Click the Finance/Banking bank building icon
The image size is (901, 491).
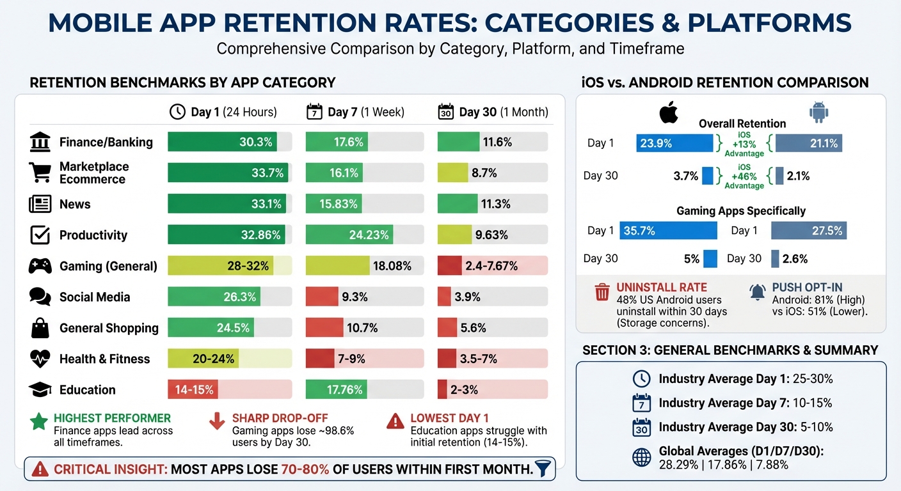click(40, 142)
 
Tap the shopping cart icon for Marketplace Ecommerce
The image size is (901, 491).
click(40, 173)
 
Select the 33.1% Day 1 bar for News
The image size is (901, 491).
click(227, 204)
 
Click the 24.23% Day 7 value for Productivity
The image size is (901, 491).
click(369, 235)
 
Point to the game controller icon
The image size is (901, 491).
click(40, 266)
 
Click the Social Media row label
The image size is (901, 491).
click(95, 297)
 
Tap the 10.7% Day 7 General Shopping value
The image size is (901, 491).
click(362, 328)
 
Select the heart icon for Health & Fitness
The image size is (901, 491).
click(40, 359)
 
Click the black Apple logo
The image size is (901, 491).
click(669, 113)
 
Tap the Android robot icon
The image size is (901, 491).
click(818, 113)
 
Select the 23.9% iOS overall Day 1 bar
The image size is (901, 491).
click(674, 143)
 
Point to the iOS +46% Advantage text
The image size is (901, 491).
click(744, 176)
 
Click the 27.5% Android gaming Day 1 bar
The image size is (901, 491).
click(809, 231)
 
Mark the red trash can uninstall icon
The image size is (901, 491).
click(602, 292)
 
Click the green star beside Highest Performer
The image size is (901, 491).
click(39, 421)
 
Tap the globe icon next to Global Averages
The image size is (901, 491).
click(641, 456)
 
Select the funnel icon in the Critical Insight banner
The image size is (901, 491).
click(543, 469)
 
